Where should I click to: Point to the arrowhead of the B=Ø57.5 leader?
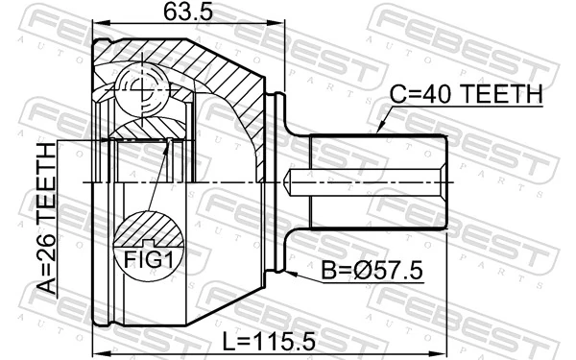290,272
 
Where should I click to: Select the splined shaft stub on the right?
379,180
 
